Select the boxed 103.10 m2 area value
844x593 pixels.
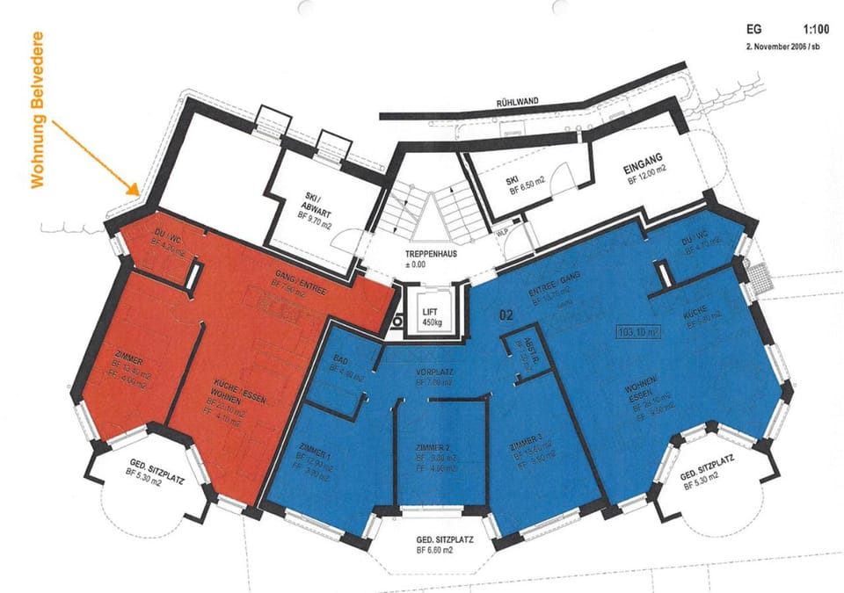(638, 333)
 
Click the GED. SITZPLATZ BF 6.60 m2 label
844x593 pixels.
(434, 544)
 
